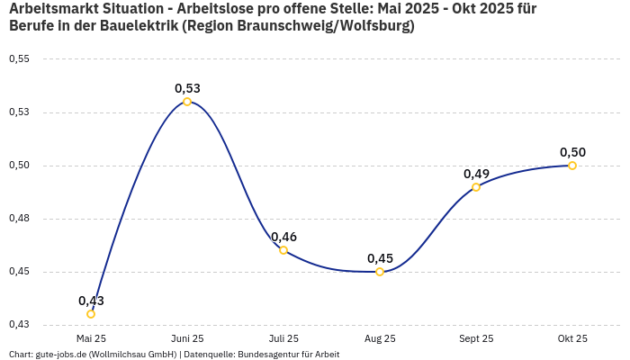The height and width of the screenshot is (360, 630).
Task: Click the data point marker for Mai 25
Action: coord(91,314)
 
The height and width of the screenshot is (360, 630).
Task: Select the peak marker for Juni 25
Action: coord(187,102)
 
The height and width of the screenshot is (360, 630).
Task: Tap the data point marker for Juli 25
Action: coord(283,250)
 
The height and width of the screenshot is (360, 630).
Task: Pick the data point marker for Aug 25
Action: coord(380,272)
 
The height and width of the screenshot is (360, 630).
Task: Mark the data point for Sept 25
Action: coord(476,187)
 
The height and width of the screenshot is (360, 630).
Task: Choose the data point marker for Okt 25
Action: coord(572,166)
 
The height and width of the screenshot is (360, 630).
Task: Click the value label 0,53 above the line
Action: coord(187,88)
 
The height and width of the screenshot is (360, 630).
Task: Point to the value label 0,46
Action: coord(283,237)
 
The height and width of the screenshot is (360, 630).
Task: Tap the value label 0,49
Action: coord(476,174)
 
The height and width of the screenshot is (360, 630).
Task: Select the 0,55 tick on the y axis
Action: coord(19,59)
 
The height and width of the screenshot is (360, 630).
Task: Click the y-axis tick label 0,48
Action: coord(19,219)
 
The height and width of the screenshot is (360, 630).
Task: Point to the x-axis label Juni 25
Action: coord(187,338)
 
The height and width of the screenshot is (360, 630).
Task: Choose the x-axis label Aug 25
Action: coord(380,338)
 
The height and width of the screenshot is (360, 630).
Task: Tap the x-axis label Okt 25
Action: coord(572,338)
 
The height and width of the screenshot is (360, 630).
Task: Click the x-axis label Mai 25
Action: coord(91,338)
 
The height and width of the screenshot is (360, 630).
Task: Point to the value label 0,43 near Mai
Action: coord(91,301)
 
